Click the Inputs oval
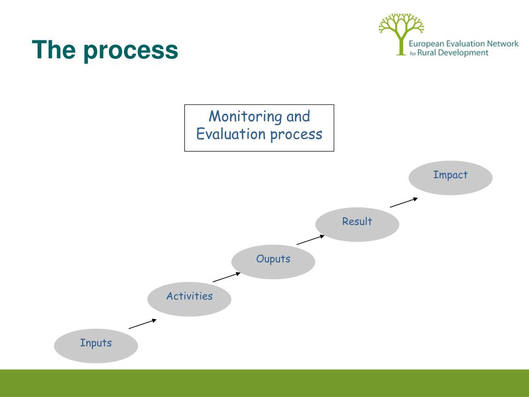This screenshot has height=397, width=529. click(96, 346)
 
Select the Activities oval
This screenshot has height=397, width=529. click(189, 299)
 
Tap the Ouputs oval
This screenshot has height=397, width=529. click(273, 262)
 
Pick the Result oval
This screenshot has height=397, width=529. click(357, 224)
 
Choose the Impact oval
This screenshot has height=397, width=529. click(450, 178)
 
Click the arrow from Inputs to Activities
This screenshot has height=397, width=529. click(143, 324)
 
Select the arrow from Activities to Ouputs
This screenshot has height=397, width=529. click(227, 277)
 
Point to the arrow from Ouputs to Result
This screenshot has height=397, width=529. click(310, 239)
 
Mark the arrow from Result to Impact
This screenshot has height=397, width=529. click(404, 202)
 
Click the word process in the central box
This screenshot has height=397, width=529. click(296, 135)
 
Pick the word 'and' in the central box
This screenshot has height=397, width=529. click(298, 116)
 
